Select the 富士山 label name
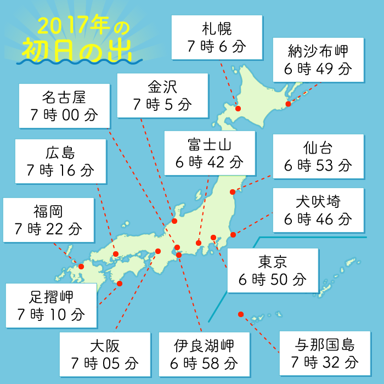[x=209, y=144]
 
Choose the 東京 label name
[x=273, y=261]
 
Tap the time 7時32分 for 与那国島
[x=325, y=362]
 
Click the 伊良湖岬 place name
[x=204, y=346]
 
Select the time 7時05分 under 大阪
[x=104, y=363]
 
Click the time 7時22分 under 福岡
[x=48, y=229]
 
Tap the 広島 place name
[x=60, y=153]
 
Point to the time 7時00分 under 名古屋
[x=64, y=115]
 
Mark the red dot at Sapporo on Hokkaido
[x=238, y=109]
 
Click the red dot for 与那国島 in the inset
[x=240, y=314]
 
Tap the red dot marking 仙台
[x=233, y=192]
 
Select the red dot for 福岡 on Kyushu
[x=81, y=267]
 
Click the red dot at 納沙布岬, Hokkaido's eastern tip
[x=288, y=103]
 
